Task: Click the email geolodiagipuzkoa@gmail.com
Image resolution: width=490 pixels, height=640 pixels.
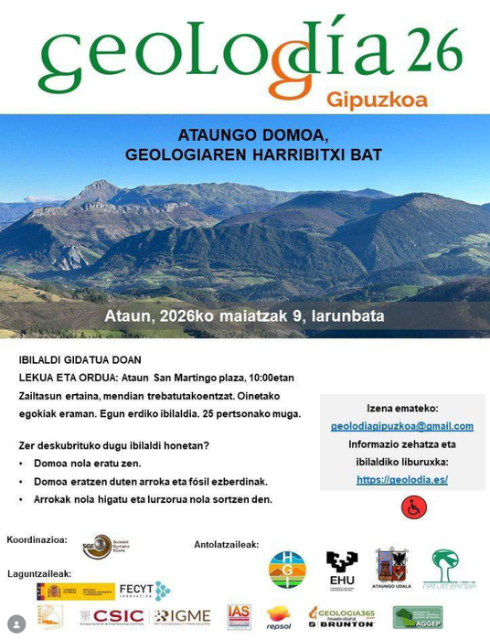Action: [x=402, y=426]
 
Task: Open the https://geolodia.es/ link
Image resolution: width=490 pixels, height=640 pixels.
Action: [x=401, y=479]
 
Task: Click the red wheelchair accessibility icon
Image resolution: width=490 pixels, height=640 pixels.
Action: [x=414, y=507]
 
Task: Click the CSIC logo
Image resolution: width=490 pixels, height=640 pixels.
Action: [x=112, y=617]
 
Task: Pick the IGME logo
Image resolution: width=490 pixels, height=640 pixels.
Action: [x=183, y=617]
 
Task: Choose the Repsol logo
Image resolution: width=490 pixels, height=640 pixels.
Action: [x=278, y=617]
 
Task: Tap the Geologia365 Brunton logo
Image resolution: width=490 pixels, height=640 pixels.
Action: [x=341, y=617]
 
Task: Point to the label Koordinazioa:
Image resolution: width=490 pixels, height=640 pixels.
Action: [x=37, y=539]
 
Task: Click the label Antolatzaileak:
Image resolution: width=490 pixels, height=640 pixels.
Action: [x=226, y=545]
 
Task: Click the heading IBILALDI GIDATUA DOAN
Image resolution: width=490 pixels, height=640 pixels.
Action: [x=80, y=359]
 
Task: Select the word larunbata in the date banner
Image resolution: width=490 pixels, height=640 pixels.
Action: [x=351, y=316]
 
